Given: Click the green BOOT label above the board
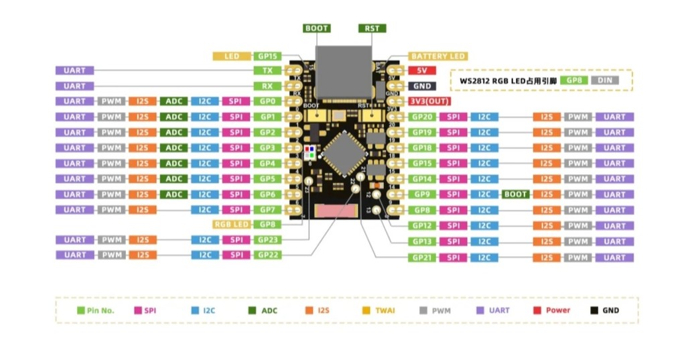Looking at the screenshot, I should pos(317,28).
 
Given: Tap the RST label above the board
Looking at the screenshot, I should pos(372,28).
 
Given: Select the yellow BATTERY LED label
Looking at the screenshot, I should pos(438,56).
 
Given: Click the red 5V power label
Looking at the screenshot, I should pos(422,70).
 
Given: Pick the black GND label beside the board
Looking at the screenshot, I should pos(422,86).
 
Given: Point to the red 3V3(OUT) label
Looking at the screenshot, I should pos(429,101).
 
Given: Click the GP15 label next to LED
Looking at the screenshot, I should pos(268,56).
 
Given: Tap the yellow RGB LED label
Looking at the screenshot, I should pos(231,225).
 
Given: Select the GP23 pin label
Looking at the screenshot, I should pos(268,240).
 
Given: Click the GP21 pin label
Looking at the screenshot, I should pos(423,257).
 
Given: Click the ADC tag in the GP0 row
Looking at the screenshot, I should pos(174,101).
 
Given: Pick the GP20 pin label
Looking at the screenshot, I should pos(423,117).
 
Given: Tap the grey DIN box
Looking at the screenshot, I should pos(605,80).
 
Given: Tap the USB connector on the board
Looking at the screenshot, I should pos(344,70).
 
